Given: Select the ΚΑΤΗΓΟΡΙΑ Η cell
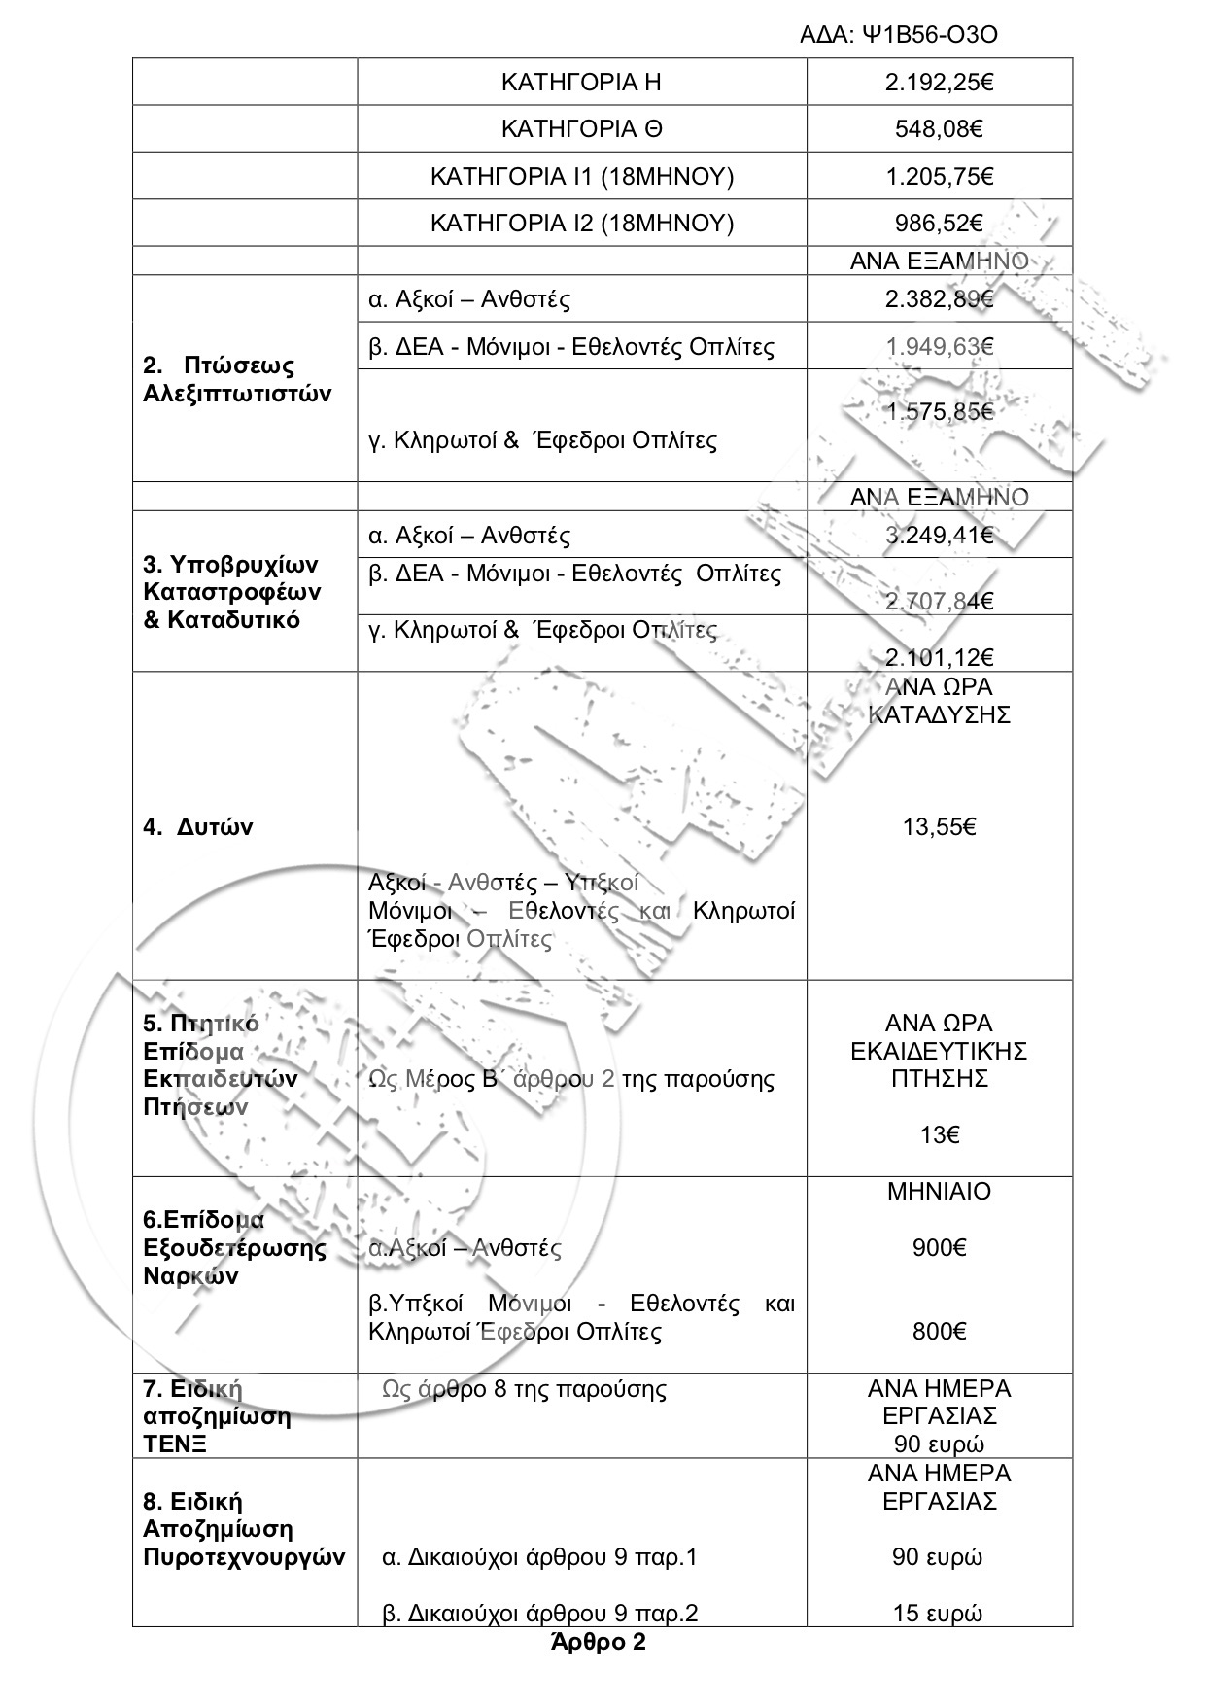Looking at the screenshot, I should [x=581, y=83].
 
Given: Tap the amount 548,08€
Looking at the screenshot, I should [x=939, y=129].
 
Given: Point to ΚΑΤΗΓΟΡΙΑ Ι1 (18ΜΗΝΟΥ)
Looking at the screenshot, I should [x=581, y=177].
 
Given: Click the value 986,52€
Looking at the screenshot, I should [x=939, y=224].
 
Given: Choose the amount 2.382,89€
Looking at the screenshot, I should [x=939, y=299].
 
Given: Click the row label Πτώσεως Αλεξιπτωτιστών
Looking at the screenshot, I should [x=237, y=380].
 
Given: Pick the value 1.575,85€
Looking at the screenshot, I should [x=939, y=412].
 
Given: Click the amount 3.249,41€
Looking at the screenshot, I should [x=939, y=536].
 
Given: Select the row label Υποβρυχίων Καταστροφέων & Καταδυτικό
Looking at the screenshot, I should [x=232, y=592].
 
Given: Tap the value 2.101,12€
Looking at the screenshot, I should [x=939, y=657].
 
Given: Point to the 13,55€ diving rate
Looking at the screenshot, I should [x=939, y=827].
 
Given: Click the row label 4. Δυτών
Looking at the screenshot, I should [x=198, y=827].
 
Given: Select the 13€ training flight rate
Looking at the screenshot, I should [x=939, y=1134].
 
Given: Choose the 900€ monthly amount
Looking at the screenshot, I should [x=939, y=1248].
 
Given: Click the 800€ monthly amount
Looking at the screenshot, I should [x=939, y=1332].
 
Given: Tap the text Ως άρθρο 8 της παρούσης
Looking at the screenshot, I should [x=525, y=1389].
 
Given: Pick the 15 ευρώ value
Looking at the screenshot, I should [x=938, y=1614].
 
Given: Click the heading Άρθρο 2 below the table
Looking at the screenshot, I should [x=598, y=1644].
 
